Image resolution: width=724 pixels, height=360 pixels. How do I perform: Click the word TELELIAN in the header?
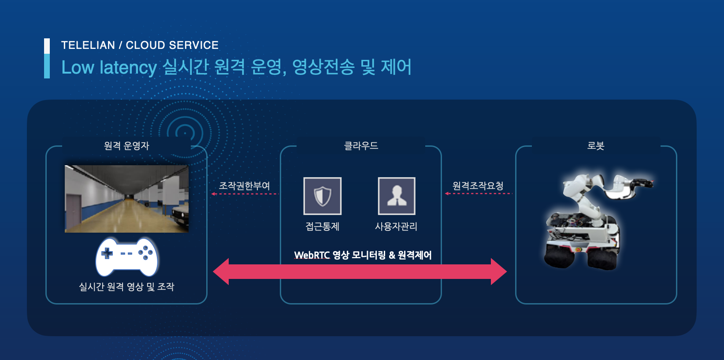pos(88,45)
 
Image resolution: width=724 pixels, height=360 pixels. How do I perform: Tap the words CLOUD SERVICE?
pos(172,45)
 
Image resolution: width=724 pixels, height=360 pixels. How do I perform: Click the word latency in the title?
pos(128,67)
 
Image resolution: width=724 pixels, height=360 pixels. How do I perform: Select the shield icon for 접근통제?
pos(323,196)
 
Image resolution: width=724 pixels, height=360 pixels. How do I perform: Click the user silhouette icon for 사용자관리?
pos(397,196)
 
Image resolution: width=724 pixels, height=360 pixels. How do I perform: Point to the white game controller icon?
pos(127,257)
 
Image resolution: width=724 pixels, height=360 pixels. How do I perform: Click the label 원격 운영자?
pos(126,146)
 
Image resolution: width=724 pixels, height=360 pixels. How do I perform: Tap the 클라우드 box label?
pos(361,146)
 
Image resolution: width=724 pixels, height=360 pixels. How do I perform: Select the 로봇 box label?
pos(596,146)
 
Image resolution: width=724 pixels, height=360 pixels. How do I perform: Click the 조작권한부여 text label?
pos(245,186)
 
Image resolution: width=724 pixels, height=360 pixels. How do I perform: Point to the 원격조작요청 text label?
pos(478,186)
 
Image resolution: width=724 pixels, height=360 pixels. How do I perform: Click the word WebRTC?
pos(312,255)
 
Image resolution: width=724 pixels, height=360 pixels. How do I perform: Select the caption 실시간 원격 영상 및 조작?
pos(126,287)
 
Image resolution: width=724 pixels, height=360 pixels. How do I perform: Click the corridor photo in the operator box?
pos(126,199)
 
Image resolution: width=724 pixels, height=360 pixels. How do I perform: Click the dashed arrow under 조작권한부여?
pos(245,194)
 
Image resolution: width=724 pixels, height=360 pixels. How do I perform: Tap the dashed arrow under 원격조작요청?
pos(479,193)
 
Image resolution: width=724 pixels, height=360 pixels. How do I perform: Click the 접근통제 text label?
pos(323,226)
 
